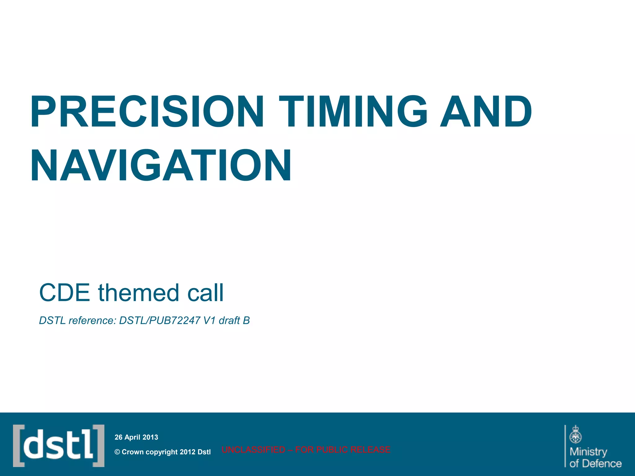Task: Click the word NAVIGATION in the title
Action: tap(161, 166)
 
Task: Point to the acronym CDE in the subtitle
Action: tap(64, 293)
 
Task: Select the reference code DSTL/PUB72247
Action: tap(160, 320)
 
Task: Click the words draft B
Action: tap(234, 320)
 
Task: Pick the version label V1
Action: tap(209, 320)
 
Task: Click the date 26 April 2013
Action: tap(136, 437)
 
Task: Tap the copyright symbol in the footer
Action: tap(117, 452)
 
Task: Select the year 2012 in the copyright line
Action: tap(187, 452)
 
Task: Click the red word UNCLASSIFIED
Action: tap(253, 450)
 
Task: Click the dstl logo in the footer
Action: tap(59, 446)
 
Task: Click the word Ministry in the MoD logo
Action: tap(588, 452)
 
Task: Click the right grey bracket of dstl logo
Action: tap(99, 446)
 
